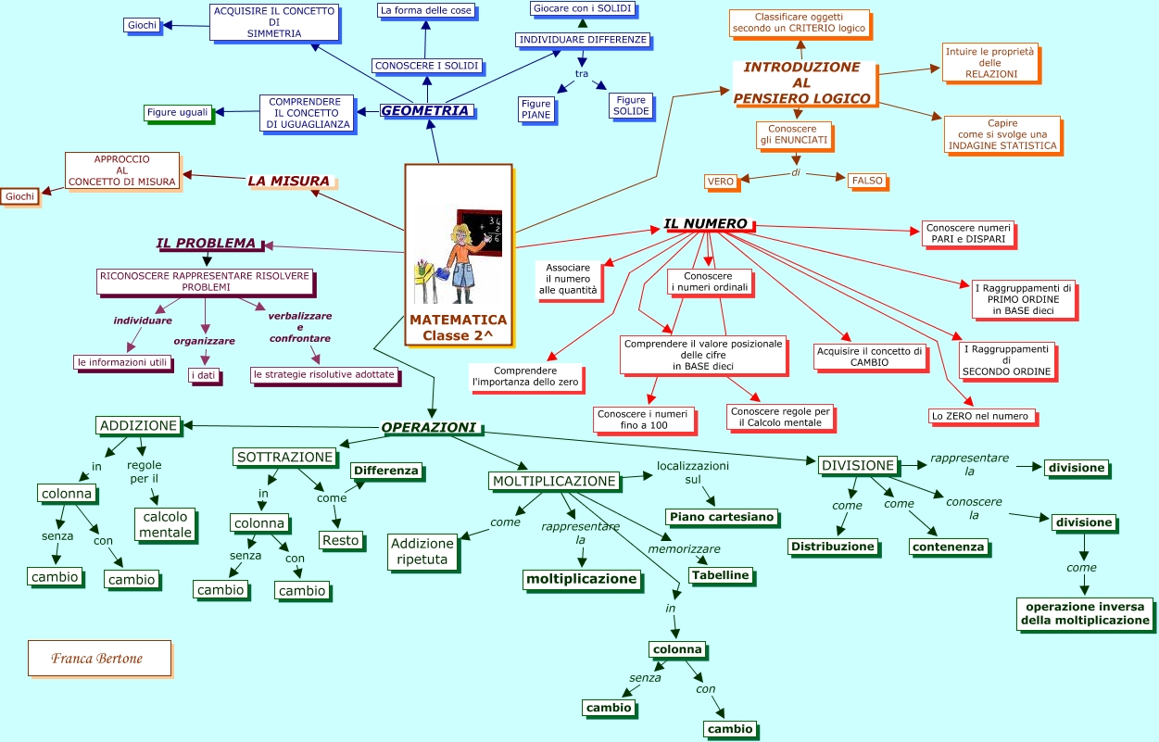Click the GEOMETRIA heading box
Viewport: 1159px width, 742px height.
click(x=426, y=110)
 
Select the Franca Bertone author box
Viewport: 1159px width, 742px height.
click(x=99, y=658)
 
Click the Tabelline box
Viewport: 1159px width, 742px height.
click(x=720, y=575)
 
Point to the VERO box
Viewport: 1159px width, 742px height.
click(x=720, y=182)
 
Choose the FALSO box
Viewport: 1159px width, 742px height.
click(x=867, y=181)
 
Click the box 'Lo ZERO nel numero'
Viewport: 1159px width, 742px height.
click(x=981, y=416)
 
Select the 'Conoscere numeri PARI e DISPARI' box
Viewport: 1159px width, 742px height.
click(x=967, y=233)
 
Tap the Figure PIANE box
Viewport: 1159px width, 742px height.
click(x=535, y=109)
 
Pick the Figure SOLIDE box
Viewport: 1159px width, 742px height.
click(x=631, y=106)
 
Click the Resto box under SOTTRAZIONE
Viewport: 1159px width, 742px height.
click(x=340, y=540)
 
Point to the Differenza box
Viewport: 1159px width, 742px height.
click(x=385, y=471)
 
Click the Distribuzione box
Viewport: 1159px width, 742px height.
click(x=832, y=547)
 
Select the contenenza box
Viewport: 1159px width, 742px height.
click(x=948, y=547)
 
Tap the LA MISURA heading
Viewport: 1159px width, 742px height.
click(x=288, y=181)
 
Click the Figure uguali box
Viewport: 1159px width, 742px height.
click(x=178, y=112)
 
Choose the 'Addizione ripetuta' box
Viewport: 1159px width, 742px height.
click(x=422, y=551)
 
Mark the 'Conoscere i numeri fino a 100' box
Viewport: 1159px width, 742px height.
click(x=642, y=419)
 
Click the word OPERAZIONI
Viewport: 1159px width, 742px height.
click(x=429, y=427)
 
